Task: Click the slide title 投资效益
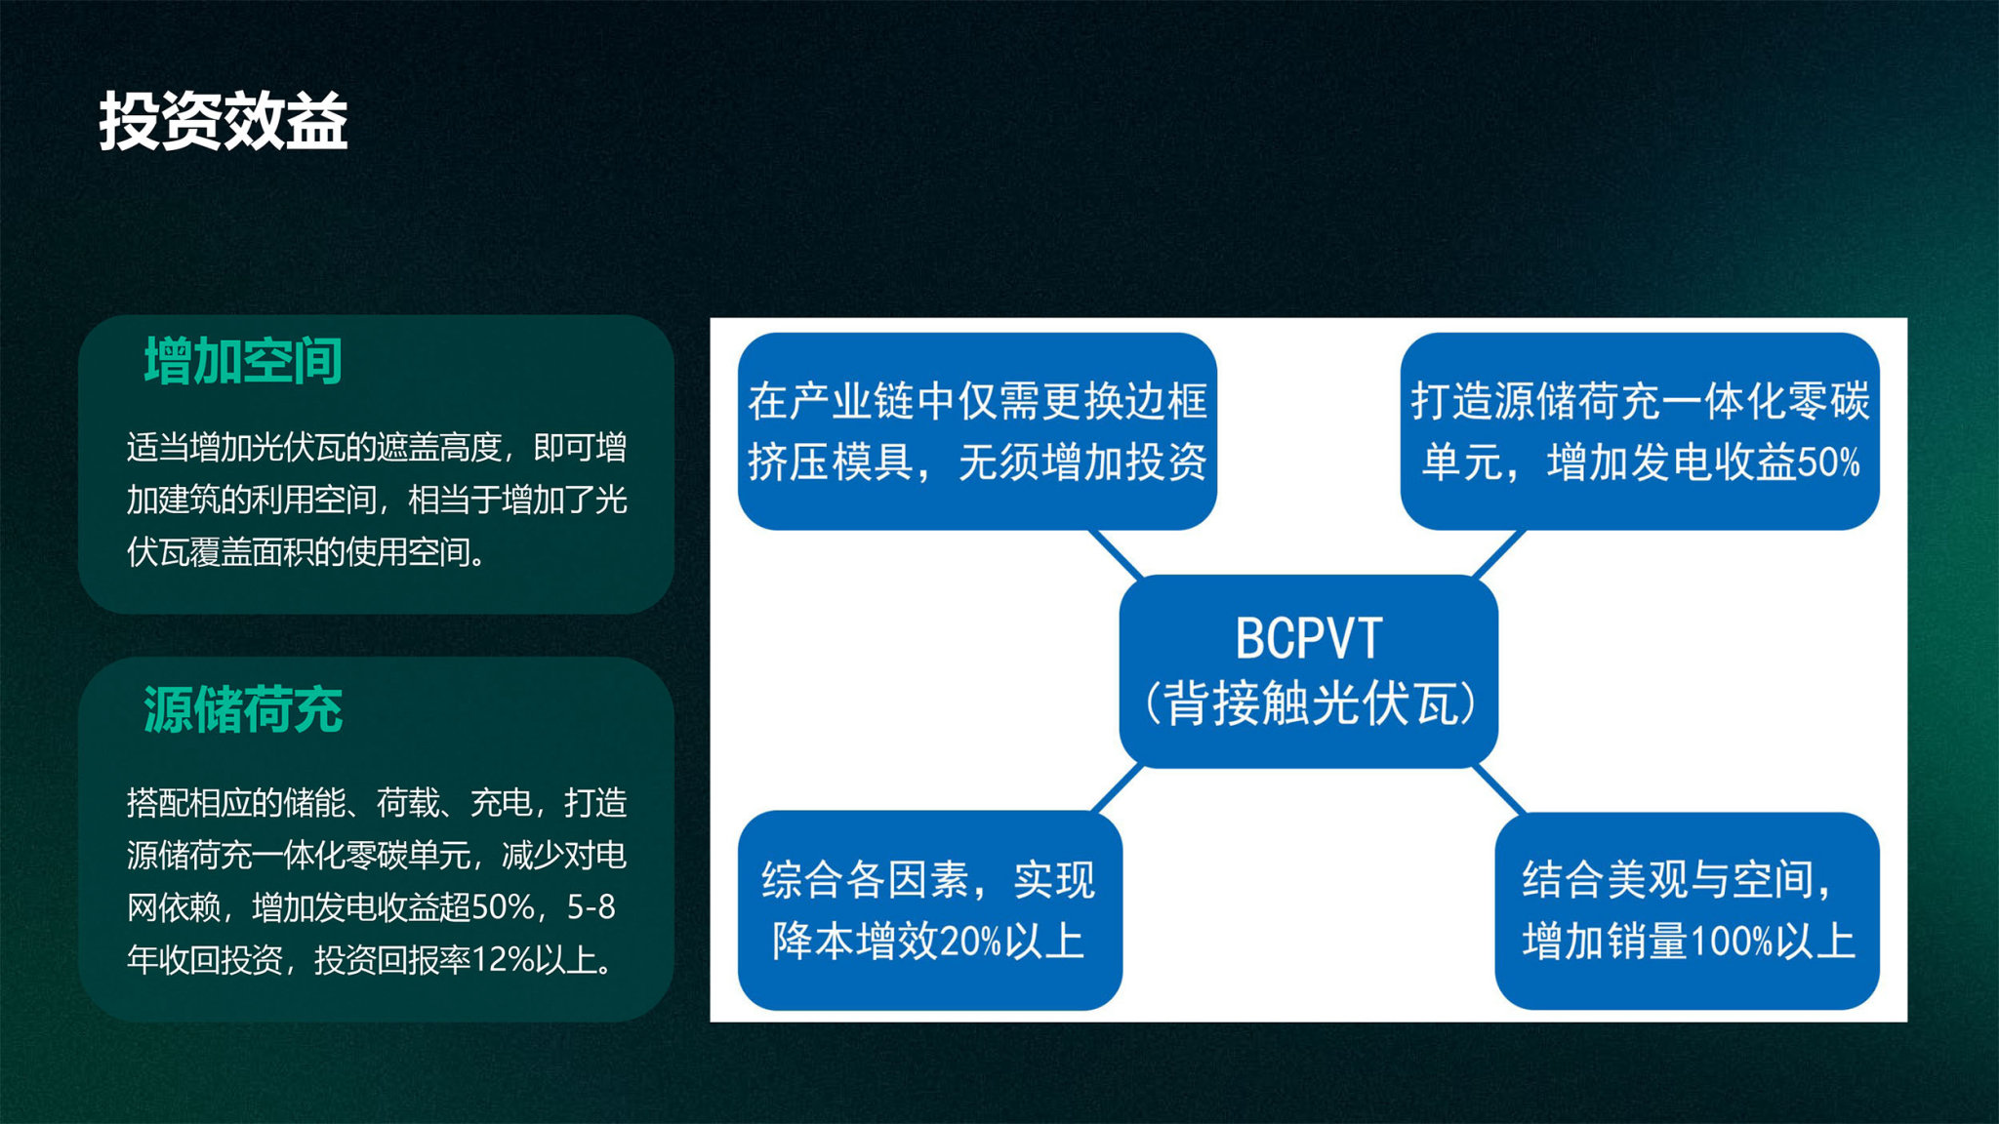point(224,122)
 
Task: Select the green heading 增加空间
point(243,361)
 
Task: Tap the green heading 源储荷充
point(243,709)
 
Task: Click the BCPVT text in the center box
point(1309,639)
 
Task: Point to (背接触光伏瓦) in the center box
point(1309,702)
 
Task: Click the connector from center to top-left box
point(1116,554)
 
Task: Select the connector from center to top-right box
point(1497,554)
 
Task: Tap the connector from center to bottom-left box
point(1116,788)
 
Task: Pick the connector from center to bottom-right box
point(1497,788)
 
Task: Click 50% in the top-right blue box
point(1828,462)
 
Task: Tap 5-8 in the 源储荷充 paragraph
point(592,907)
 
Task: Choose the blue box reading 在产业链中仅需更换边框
point(977,431)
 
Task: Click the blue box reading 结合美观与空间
point(1687,910)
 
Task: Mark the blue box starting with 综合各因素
point(930,910)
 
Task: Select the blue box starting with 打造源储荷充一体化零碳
point(1640,431)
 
